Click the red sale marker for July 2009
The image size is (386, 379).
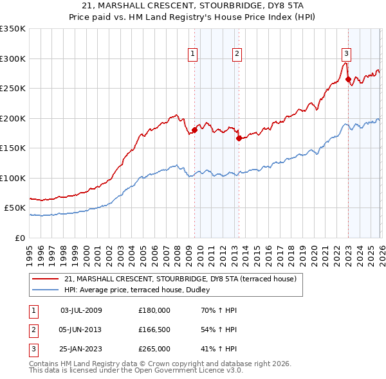(x=194, y=130)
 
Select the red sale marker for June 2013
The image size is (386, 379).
(x=238, y=137)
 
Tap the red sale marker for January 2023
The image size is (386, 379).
(x=348, y=80)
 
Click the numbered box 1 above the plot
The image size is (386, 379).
(x=193, y=54)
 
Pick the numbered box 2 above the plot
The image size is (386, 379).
(x=237, y=54)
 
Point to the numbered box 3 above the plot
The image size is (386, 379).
(x=347, y=54)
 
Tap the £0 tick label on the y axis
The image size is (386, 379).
(x=19, y=238)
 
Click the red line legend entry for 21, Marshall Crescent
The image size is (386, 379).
(x=180, y=279)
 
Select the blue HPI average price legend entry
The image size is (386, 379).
(x=142, y=290)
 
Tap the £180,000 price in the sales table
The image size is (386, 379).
(x=154, y=310)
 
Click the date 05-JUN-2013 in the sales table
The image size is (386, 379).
(x=81, y=330)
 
